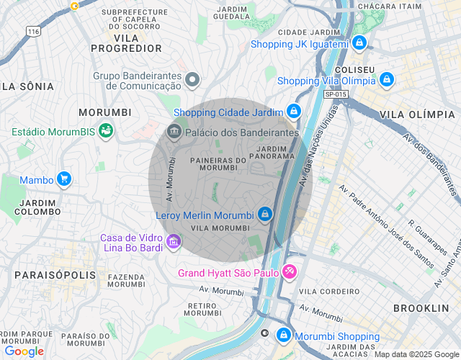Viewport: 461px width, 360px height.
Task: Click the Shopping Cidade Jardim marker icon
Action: pyautogui.click(x=294, y=112)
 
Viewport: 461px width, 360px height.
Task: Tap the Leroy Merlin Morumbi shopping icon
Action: pyautogui.click(x=265, y=215)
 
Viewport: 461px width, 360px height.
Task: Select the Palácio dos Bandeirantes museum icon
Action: pyautogui.click(x=174, y=132)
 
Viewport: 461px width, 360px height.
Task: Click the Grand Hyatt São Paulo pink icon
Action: pyautogui.click(x=290, y=272)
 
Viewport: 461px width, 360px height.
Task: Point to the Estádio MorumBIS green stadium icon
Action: pyautogui.click(x=106, y=131)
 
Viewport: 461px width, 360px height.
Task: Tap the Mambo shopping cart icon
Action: pyautogui.click(x=64, y=179)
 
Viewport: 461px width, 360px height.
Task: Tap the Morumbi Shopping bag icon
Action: pyautogui.click(x=284, y=336)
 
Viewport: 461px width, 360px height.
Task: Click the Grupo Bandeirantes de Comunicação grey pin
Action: pyautogui.click(x=192, y=79)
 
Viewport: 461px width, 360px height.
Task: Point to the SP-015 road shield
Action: pyautogui.click(x=335, y=94)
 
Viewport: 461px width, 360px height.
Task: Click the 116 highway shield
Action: pyautogui.click(x=32, y=32)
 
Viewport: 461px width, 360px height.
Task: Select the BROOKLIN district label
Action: pyautogui.click(x=421, y=307)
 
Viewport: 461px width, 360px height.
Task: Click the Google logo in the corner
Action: pyautogui.click(x=24, y=351)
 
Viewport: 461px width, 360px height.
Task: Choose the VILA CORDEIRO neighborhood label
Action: pyautogui.click(x=329, y=291)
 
